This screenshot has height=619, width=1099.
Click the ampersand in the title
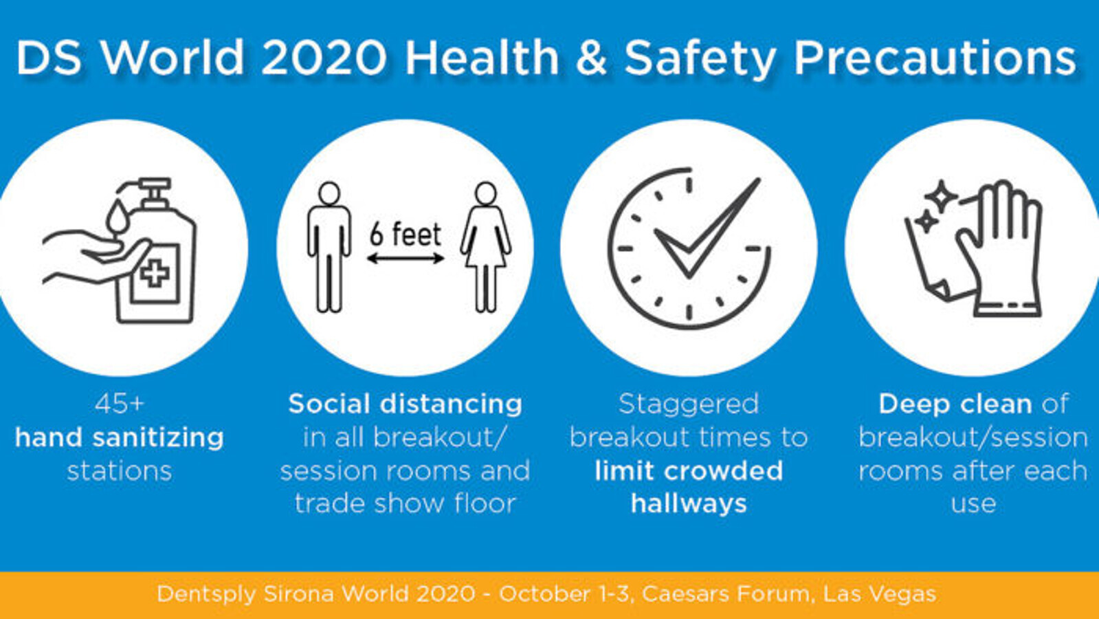pyautogui.click(x=591, y=58)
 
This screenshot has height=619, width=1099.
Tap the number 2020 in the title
pyautogui.click(x=324, y=58)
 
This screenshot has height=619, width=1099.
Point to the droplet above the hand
pyautogui.click(x=118, y=216)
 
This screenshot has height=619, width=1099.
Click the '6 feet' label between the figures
pyautogui.click(x=406, y=234)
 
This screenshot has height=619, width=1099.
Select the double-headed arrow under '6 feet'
pyautogui.click(x=406, y=259)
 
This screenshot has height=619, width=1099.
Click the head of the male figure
pyautogui.click(x=329, y=193)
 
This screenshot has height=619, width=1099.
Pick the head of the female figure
pyautogui.click(x=486, y=193)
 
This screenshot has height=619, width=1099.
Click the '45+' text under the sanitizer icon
pyautogui.click(x=120, y=404)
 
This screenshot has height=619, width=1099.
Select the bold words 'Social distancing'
pyautogui.click(x=406, y=404)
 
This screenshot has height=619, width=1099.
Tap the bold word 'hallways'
pyautogui.click(x=689, y=504)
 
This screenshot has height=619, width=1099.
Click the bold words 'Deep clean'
pyautogui.click(x=955, y=404)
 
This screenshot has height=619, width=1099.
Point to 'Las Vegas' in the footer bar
pyautogui.click(x=879, y=594)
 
